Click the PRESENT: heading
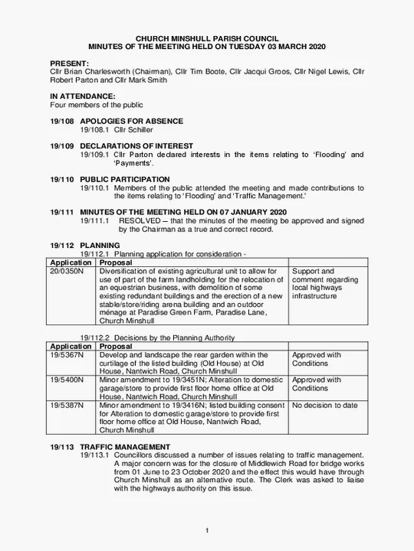point(69,62)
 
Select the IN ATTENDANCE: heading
point(82,96)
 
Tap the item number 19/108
point(62,121)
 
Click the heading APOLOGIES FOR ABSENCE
point(131,121)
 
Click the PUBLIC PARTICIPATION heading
point(125,179)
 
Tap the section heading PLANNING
point(100,245)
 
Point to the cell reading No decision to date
point(325,405)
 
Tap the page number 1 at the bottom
point(207,531)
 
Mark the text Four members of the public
point(97,105)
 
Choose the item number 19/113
point(62,446)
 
